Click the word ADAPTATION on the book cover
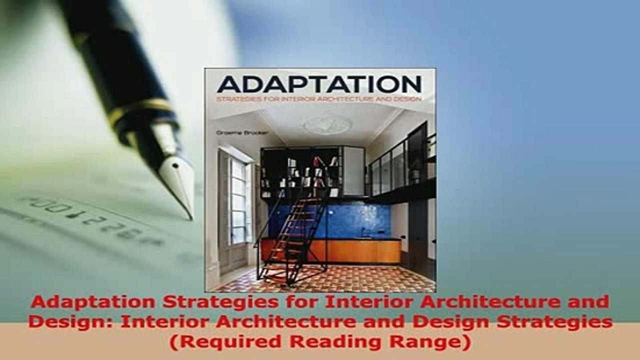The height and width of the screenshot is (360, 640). [x=319, y=84]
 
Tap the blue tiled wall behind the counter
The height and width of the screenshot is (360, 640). [x=350, y=220]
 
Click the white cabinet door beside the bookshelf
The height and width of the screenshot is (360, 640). [x=353, y=170]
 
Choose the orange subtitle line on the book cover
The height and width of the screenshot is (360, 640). [x=318, y=98]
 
